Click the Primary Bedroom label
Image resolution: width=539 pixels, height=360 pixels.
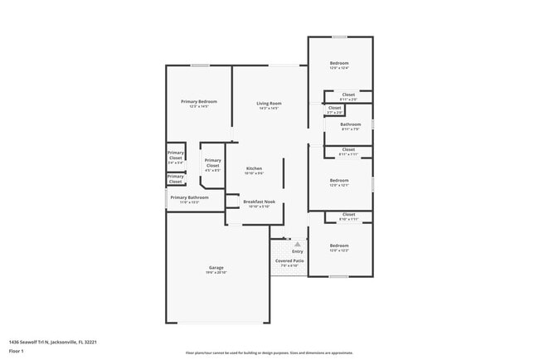click(x=199, y=101)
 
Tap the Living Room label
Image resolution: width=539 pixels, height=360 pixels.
click(x=269, y=103)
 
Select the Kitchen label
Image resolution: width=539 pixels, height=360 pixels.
click(x=254, y=168)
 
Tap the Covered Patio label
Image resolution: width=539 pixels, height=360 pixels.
click(x=289, y=260)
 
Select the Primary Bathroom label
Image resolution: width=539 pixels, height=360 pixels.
click(x=190, y=197)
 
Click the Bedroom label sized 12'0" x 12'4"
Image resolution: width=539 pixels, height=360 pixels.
click(x=339, y=63)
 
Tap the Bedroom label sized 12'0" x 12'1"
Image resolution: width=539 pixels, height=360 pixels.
click(x=339, y=180)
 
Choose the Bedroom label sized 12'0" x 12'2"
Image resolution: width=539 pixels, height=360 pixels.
click(x=339, y=246)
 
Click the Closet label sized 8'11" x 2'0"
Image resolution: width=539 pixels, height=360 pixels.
click(x=348, y=95)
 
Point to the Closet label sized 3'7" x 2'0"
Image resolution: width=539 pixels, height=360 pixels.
click(x=334, y=107)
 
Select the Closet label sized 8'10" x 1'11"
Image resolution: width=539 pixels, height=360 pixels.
click(x=348, y=214)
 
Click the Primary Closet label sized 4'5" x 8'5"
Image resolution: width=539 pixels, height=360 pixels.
click(x=213, y=161)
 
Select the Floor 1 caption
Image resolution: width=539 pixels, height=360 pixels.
click(x=16, y=351)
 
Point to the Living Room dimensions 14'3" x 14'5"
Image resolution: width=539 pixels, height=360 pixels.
click(x=269, y=108)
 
